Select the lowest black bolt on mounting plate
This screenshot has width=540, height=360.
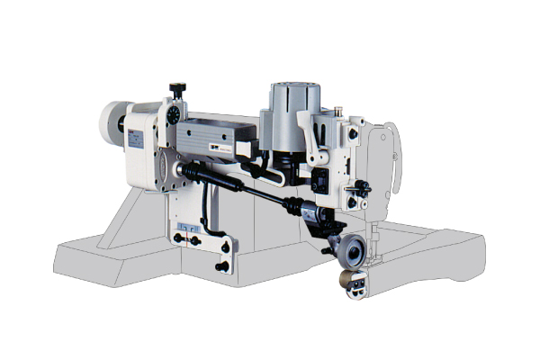[220, 266]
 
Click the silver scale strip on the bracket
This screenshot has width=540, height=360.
[190, 224]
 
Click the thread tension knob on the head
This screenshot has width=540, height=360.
[362, 188]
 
